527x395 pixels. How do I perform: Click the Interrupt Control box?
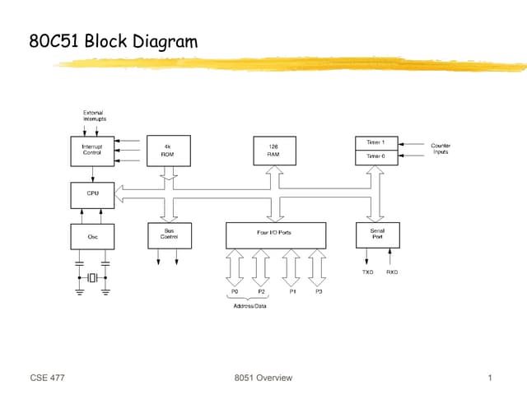coord(92,151)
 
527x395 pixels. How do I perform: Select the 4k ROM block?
coord(168,151)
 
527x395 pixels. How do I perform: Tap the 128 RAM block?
coord(273,151)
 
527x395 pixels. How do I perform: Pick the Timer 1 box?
coord(376,142)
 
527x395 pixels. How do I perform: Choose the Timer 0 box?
coord(376,156)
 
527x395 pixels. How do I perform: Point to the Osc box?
coord(92,236)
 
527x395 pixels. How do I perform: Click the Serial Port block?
coord(376,235)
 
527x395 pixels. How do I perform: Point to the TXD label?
coord(367,272)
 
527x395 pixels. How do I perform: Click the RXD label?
coord(392,272)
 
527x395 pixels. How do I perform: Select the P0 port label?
coord(235,292)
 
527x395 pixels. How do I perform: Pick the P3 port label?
coord(318,292)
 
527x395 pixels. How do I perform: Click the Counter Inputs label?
coord(441,149)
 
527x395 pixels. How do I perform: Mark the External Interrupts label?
coord(93,116)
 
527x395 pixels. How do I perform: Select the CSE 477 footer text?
coord(47,378)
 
